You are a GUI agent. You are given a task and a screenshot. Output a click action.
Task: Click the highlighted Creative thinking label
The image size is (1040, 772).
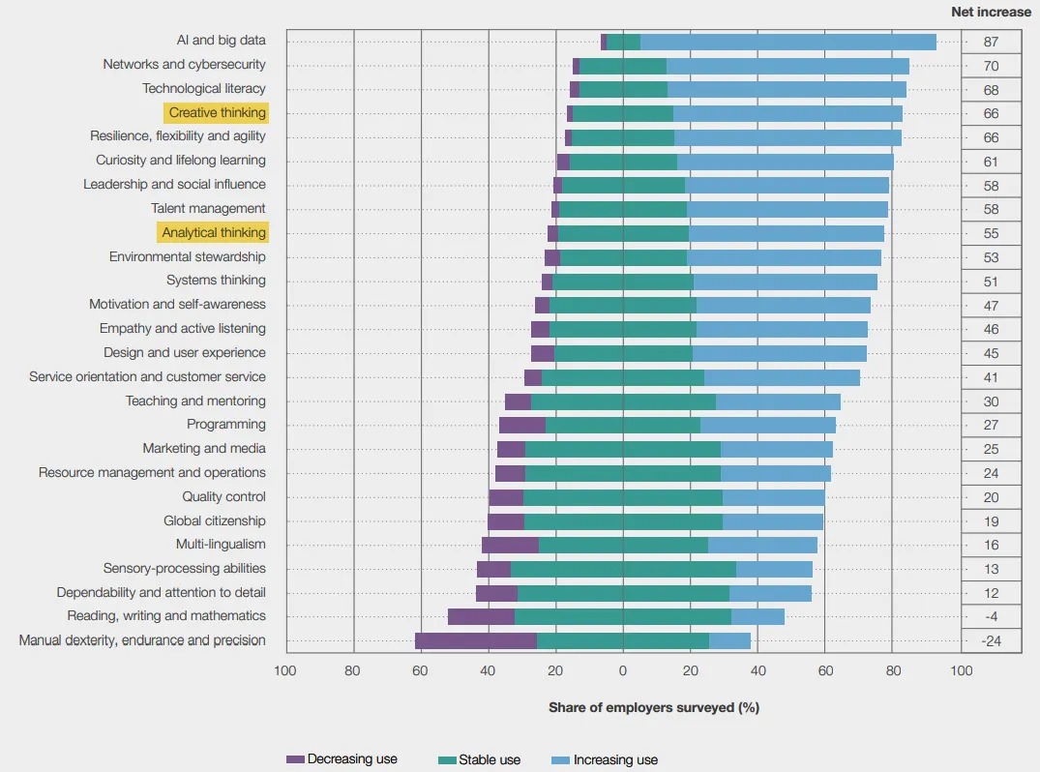click(216, 113)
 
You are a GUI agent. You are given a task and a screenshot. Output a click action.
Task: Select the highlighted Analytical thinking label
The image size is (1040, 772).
click(213, 232)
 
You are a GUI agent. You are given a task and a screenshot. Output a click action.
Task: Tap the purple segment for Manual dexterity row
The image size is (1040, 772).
click(475, 640)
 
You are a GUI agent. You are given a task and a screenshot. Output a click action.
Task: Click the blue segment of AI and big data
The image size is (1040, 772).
click(788, 42)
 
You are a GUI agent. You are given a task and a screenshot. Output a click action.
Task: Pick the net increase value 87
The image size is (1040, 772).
click(991, 43)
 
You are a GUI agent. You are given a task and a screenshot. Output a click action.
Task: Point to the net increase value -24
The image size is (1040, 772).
click(991, 641)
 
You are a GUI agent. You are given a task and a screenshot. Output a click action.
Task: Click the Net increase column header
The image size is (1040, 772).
click(991, 12)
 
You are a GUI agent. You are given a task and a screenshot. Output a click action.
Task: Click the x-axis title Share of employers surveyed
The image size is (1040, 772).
click(654, 707)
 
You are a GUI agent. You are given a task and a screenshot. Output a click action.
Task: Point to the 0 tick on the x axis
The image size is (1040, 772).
click(623, 670)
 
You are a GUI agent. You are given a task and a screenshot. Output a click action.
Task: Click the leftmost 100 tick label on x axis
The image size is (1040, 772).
click(285, 670)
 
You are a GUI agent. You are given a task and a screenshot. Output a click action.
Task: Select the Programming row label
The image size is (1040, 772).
click(226, 425)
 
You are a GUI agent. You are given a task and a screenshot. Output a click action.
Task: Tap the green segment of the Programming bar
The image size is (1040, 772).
click(623, 425)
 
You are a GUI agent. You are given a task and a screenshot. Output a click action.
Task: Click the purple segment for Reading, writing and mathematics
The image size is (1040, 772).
click(481, 616)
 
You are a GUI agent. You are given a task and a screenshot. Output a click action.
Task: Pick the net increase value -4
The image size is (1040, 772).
click(991, 617)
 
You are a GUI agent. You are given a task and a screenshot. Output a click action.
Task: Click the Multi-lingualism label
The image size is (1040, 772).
click(221, 545)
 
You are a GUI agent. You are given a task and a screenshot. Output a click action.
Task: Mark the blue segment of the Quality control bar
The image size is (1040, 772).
click(774, 497)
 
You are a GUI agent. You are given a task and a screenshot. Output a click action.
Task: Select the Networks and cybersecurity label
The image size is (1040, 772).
click(184, 65)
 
